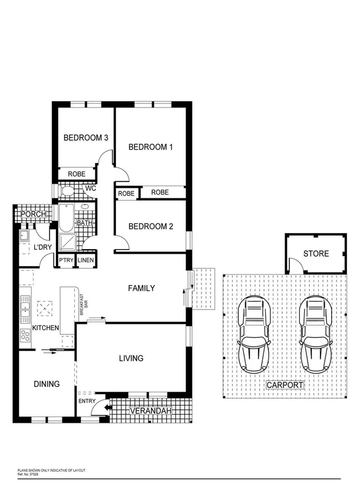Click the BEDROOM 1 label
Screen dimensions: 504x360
(150, 147)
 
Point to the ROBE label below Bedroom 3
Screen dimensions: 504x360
(77, 174)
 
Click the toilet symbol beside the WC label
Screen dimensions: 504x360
(67, 191)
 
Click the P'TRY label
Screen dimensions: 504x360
(65, 260)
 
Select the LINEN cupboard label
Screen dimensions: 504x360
(85, 260)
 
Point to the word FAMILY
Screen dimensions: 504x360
(141, 288)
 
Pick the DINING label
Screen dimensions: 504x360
(47, 384)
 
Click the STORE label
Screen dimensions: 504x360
(316, 254)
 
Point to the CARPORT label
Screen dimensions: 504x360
(285, 385)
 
